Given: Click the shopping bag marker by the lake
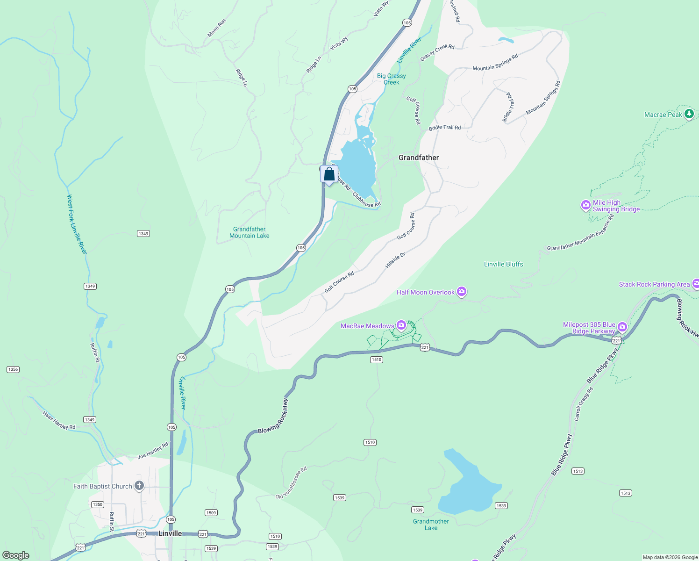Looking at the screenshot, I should point(329,174).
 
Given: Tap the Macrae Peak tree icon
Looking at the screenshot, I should point(689,114).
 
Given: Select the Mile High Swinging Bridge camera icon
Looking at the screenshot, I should point(585,205).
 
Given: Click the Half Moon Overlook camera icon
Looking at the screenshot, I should point(462,292).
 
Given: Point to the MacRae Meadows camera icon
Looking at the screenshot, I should point(401,325).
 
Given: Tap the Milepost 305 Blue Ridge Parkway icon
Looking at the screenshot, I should point(622,326).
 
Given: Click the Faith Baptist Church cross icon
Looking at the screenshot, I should point(139,486).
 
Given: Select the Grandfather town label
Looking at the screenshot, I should point(419,158).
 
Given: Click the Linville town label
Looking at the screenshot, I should point(170,533).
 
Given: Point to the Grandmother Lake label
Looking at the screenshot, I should point(431,525).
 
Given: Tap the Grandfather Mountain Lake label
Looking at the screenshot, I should point(250,232).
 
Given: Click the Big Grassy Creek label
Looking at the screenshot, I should point(392,79).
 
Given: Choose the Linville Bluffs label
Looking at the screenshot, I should point(503,264).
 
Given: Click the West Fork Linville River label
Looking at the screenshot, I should point(77,224).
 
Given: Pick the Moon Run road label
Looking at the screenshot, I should point(217,28).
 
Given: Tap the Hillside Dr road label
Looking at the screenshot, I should point(395,260).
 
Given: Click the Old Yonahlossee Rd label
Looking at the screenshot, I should point(291,483).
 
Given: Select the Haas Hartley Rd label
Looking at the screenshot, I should point(59,420).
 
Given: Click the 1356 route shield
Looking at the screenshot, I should point(13,369).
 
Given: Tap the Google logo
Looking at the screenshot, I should point(16,555).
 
